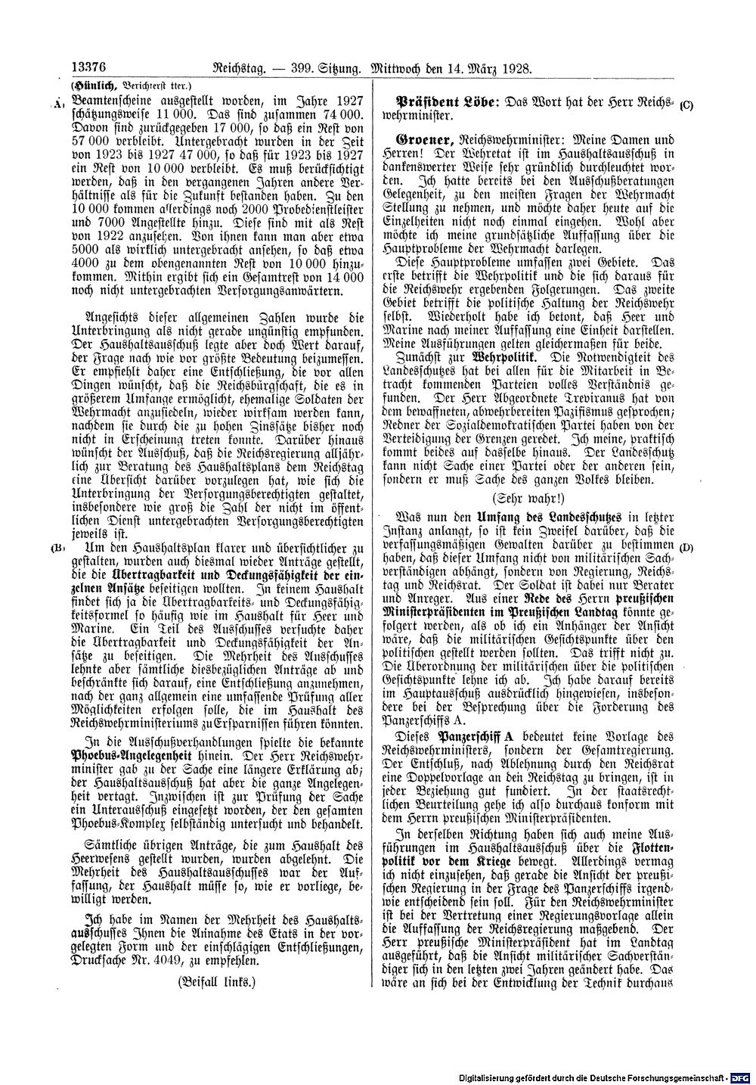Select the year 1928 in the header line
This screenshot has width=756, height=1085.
point(516,68)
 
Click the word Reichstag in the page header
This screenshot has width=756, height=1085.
point(224,68)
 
